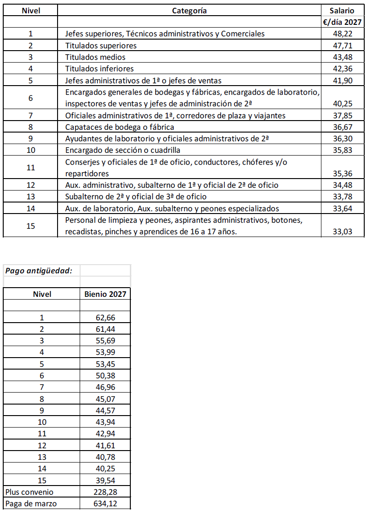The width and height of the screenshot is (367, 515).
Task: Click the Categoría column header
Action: tap(189, 11)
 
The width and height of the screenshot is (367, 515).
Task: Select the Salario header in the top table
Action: tap(342, 11)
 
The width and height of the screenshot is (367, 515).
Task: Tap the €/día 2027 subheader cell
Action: tap(343, 22)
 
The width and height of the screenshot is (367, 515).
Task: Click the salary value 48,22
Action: tap(342, 34)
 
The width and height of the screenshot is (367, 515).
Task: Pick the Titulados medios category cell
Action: tap(95, 57)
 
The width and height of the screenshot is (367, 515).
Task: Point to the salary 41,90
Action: tap(342, 81)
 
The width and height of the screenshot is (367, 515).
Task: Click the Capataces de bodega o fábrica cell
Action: tap(120, 127)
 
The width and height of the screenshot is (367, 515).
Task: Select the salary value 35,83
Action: tap(342, 150)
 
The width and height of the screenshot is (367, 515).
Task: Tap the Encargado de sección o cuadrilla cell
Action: tap(122, 150)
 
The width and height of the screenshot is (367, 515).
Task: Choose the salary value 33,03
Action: tap(342, 231)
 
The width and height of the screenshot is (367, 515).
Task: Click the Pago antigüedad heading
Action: tap(39, 270)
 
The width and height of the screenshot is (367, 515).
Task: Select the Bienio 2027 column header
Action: tap(105, 294)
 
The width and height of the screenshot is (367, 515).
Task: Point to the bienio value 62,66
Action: tap(105, 318)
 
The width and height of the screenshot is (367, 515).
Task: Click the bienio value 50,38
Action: tap(105, 376)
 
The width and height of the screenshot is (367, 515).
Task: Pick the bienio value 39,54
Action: tap(105, 480)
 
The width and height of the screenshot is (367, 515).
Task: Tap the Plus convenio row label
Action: tap(29, 492)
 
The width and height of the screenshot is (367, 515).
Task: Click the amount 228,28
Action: tap(105, 492)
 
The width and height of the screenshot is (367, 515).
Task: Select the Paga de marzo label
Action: tap(31, 503)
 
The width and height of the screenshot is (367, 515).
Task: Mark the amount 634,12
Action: tap(105, 503)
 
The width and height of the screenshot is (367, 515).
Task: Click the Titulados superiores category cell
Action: tap(101, 46)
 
